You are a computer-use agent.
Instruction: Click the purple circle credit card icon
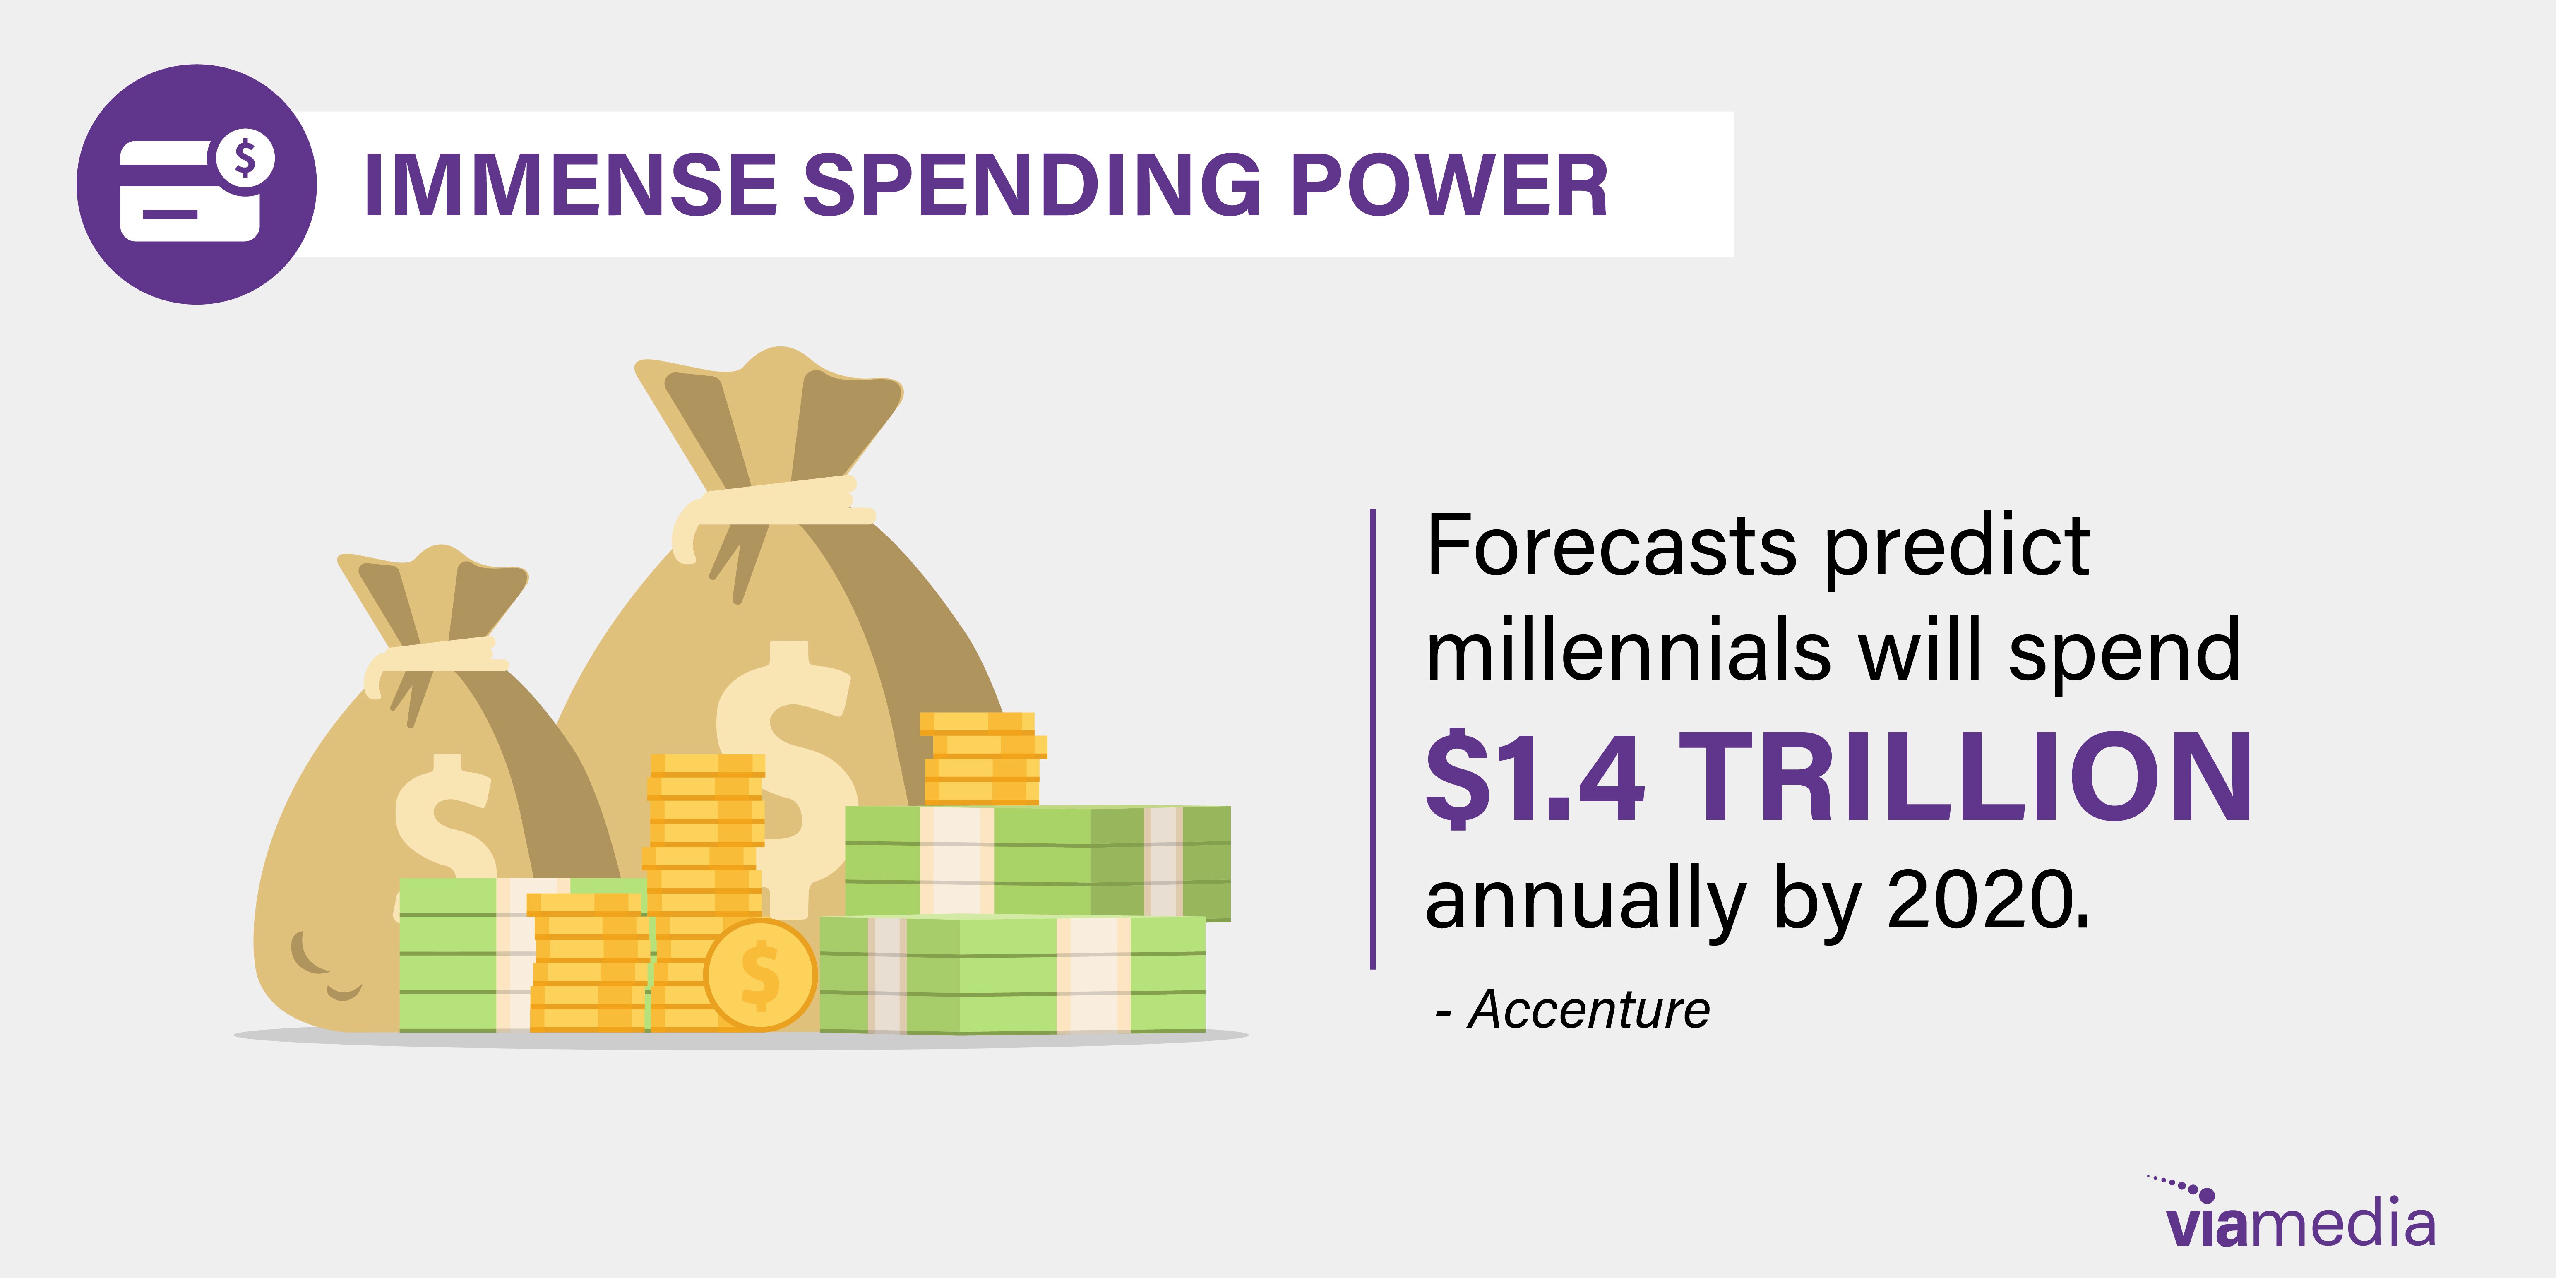197,185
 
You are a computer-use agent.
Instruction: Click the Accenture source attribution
1573,1010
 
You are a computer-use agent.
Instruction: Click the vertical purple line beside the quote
1373,739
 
